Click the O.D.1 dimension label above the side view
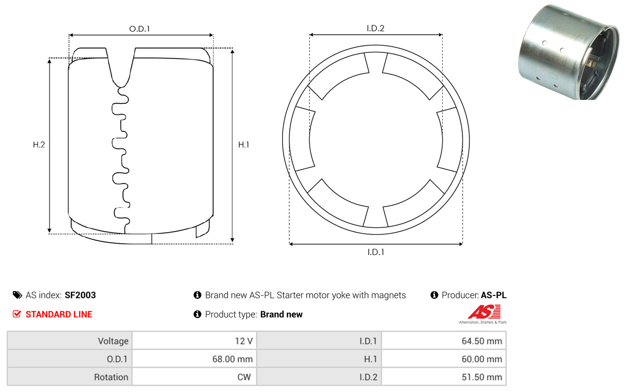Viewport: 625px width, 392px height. click(140, 29)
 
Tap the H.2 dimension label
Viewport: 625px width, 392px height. click(39, 145)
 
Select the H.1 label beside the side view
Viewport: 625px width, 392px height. click(244, 145)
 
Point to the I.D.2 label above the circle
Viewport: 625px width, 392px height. click(375, 28)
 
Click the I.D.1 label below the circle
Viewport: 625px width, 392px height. click(376, 252)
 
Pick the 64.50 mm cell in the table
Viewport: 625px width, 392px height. click(482, 341)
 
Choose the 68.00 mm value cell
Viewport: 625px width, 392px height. click(232, 359)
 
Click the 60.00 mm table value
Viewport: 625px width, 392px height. click(482, 359)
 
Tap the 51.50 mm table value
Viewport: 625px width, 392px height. click(482, 377)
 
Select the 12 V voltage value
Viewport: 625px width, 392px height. click(244, 341)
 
